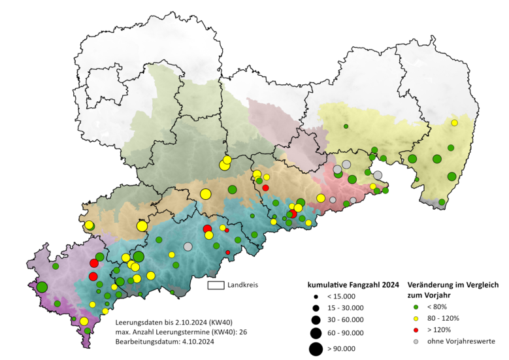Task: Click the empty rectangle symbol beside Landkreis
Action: (216, 286)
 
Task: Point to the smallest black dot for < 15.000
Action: (316, 297)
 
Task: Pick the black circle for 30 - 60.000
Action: (316, 320)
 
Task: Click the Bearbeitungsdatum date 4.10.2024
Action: (193, 342)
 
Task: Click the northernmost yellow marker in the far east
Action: (454, 123)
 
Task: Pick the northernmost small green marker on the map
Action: (346, 126)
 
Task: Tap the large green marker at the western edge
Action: (42, 287)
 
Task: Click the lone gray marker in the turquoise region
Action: (188, 246)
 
